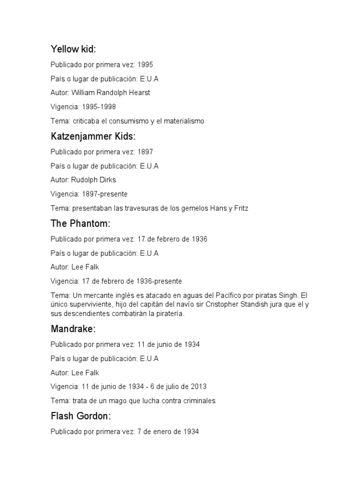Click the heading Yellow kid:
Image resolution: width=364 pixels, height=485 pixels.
point(73,49)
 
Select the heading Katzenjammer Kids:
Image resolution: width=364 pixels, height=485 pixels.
point(93,136)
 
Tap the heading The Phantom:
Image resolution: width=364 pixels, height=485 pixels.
point(80,224)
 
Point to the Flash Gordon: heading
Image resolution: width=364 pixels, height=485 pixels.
point(81,416)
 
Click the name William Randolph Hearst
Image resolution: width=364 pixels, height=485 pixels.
point(110,93)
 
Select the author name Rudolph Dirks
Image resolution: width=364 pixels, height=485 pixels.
point(93,180)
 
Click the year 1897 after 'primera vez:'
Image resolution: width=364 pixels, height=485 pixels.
point(145,152)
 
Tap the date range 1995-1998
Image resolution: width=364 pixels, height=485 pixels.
point(99,107)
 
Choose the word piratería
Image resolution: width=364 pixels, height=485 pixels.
point(167,314)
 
